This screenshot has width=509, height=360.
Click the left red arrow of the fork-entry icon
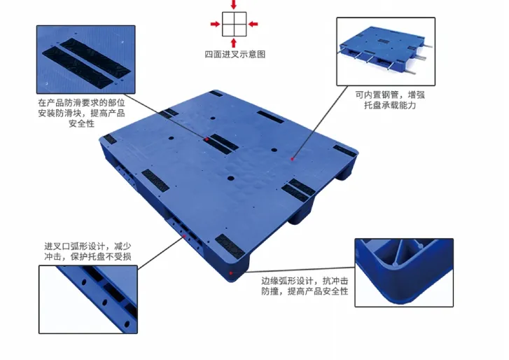(214, 25)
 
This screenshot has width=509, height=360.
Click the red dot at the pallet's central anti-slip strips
(208, 139)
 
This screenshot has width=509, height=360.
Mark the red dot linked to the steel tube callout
(293, 160)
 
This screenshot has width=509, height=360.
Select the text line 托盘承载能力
(389, 106)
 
